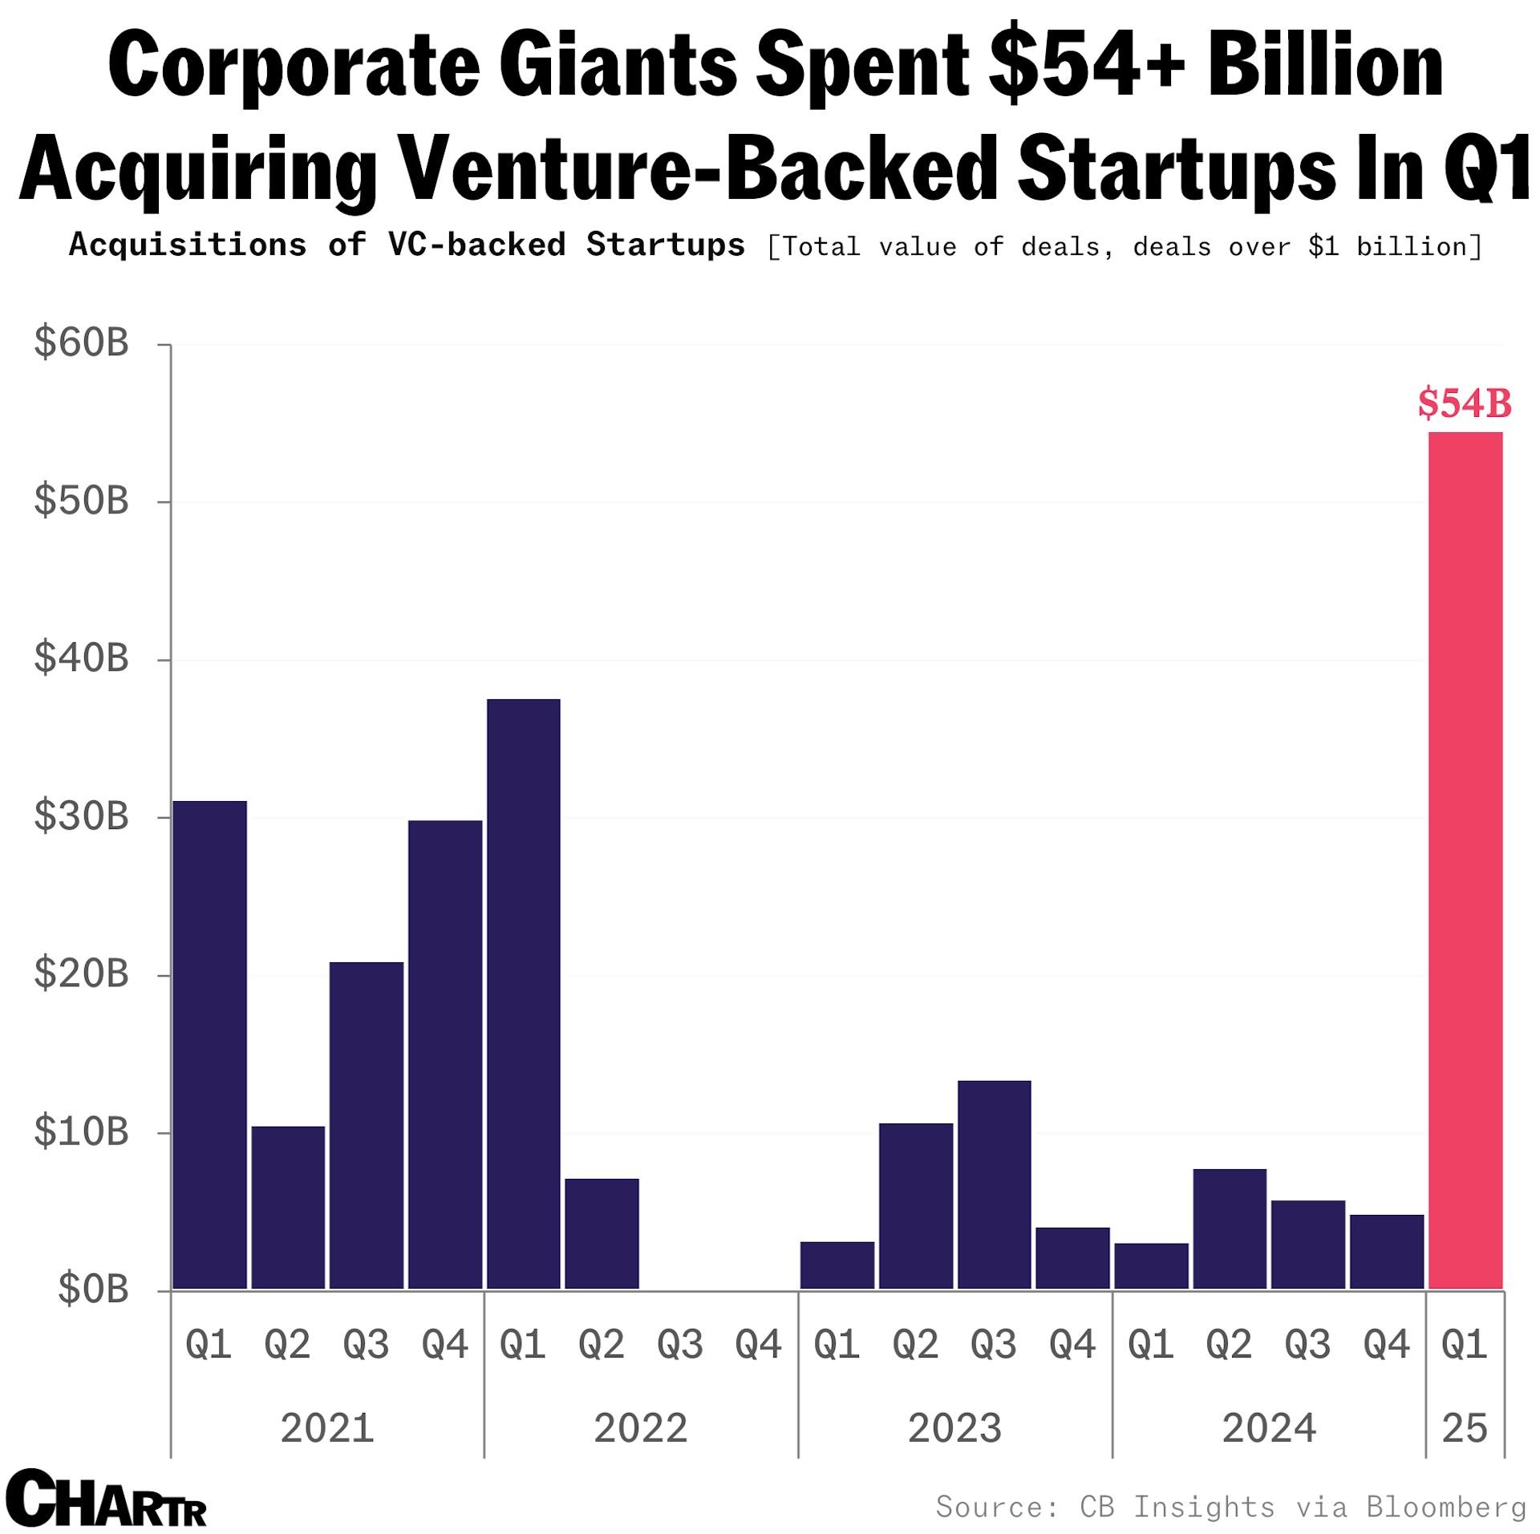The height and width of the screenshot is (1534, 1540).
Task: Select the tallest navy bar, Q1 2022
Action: point(523,994)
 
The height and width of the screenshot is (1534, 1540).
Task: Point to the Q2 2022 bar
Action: point(602,1234)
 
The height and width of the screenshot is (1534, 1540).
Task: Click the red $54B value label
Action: point(1465,403)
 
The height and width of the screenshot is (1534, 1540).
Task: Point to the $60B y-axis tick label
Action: point(81,343)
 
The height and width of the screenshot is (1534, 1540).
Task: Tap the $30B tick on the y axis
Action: point(81,816)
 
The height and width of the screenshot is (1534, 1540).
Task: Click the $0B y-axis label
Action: point(93,1289)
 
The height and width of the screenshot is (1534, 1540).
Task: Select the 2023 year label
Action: point(954,1428)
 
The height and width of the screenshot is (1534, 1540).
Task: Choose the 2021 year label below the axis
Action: point(327,1428)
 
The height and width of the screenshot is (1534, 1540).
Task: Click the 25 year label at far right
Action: point(1465,1428)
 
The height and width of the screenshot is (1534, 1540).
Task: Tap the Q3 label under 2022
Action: point(680,1345)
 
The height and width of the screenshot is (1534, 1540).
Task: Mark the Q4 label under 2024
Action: point(1386,1345)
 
